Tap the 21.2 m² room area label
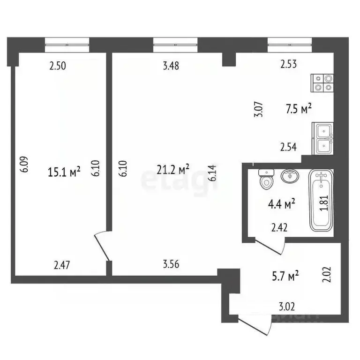point(173,168)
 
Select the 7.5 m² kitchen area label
point(299,109)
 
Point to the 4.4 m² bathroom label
point(281,203)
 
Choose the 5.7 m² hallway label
point(286,277)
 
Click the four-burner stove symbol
point(323,83)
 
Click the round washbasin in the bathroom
point(289,177)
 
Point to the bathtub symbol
point(322,201)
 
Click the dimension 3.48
point(171,66)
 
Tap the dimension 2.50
point(58,66)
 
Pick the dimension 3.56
point(171,264)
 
